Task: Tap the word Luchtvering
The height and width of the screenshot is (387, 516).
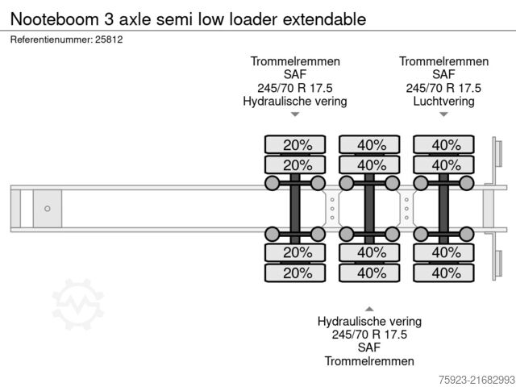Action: click(443, 102)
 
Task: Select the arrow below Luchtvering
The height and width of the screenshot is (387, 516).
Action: click(443, 115)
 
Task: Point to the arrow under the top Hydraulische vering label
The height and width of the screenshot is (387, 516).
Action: click(295, 115)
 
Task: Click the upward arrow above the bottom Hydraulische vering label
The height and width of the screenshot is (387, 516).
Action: click(369, 308)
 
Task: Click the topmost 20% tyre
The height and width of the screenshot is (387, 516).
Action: click(297, 145)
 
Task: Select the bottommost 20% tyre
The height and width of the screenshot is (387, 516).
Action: click(297, 273)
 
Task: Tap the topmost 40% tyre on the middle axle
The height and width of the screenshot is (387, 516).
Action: click(370, 145)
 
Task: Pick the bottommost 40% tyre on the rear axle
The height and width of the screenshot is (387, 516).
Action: click(444, 273)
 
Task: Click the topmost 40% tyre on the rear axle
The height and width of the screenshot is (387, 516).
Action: click(444, 145)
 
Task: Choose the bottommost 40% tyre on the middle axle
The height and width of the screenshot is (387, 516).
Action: click(370, 273)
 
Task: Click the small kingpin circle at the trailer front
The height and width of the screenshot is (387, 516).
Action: click(48, 209)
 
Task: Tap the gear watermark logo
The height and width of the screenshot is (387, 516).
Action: click(78, 304)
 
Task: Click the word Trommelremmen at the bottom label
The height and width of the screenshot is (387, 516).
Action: click(369, 360)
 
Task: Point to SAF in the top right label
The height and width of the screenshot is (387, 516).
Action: click(443, 75)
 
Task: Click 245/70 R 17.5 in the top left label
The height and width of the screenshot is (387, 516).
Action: click(295, 88)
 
